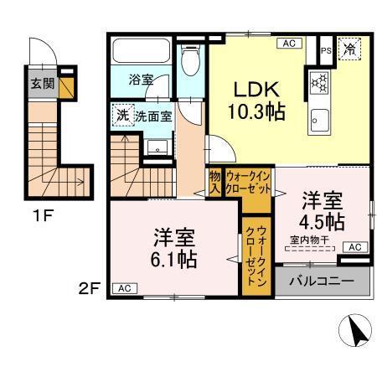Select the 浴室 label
pyautogui.click(x=141, y=80)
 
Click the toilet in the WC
pyautogui.click(x=191, y=59)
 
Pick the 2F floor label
pyautogui.click(x=89, y=289)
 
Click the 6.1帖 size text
pyautogui.click(x=174, y=258)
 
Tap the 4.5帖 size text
pyautogui.click(x=323, y=221)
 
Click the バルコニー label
pyautogui.click(x=322, y=281)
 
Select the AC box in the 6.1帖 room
pyautogui.click(x=123, y=288)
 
